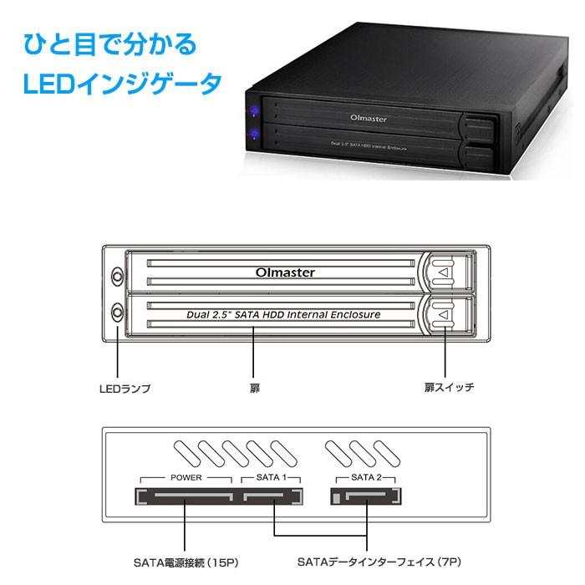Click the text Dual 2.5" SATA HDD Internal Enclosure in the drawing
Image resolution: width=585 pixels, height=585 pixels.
point(282,315)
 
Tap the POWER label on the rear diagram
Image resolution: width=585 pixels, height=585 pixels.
point(186,478)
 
